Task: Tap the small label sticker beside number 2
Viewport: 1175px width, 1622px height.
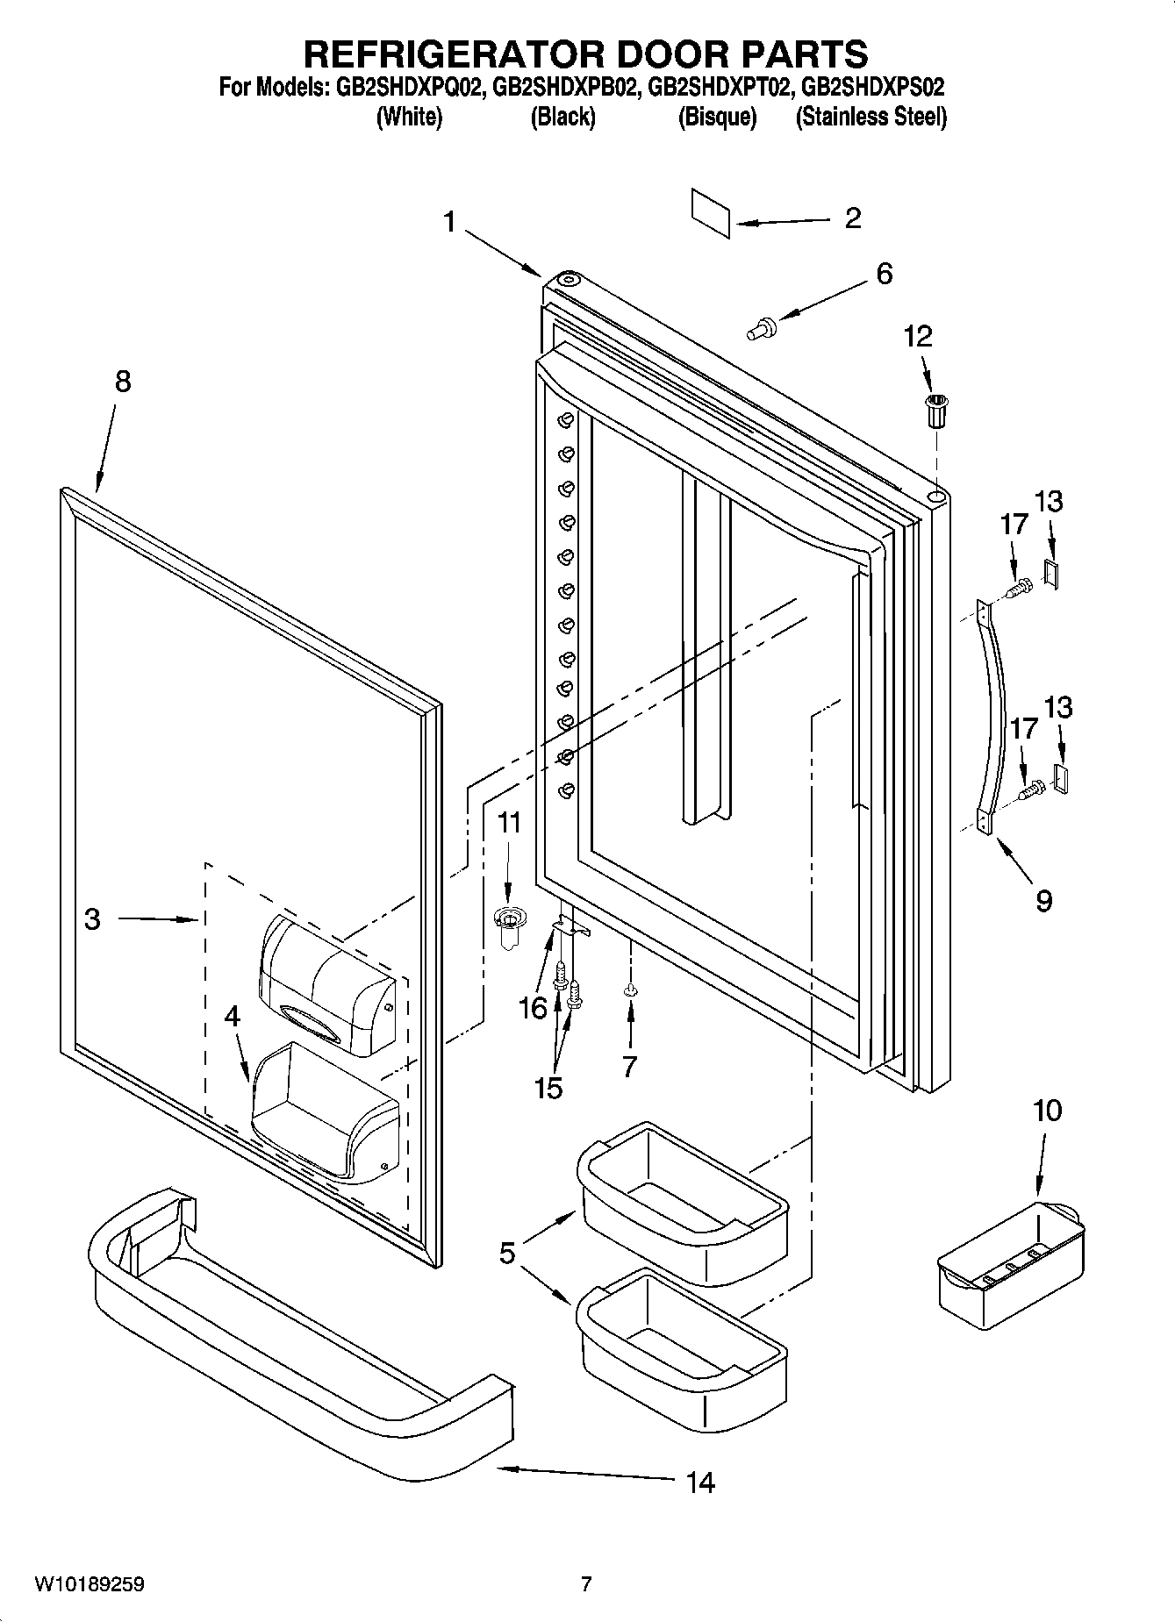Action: pos(711,212)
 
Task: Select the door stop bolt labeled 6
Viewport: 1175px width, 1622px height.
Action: pos(761,329)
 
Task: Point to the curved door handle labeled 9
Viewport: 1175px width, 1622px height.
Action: pos(995,715)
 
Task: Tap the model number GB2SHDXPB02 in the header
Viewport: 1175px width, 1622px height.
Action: pos(563,88)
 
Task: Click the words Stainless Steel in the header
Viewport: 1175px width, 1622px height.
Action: pos(871,117)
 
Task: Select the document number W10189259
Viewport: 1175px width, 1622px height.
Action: pos(90,1584)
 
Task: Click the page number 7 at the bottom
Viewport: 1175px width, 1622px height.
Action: pos(586,1584)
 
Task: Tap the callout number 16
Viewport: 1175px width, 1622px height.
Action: pos(533,1008)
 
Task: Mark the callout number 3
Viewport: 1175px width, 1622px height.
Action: pos(92,918)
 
